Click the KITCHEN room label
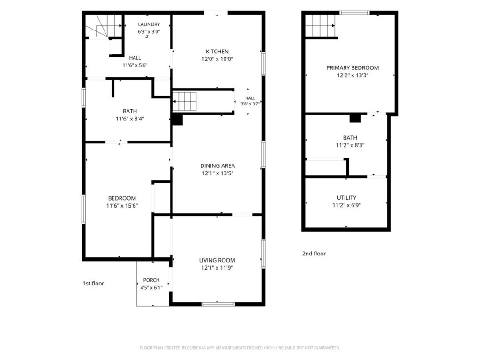[217, 52]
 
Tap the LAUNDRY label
[149, 24]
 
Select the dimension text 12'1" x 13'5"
[217, 173]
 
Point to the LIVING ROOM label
[217, 260]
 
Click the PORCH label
[151, 280]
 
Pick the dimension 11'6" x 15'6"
[122, 206]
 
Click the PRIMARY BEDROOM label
[352, 67]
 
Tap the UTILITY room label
[346, 198]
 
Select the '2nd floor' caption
[314, 254]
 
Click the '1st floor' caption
[93, 283]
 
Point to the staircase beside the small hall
[184, 101]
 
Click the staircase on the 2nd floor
[320, 26]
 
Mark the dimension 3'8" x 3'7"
[250, 104]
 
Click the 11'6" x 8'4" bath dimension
[130, 119]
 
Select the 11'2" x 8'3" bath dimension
[350, 145]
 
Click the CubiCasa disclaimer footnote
[240, 348]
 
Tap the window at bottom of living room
[218, 304]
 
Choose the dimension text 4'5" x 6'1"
[151, 288]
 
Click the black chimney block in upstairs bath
[355, 119]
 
